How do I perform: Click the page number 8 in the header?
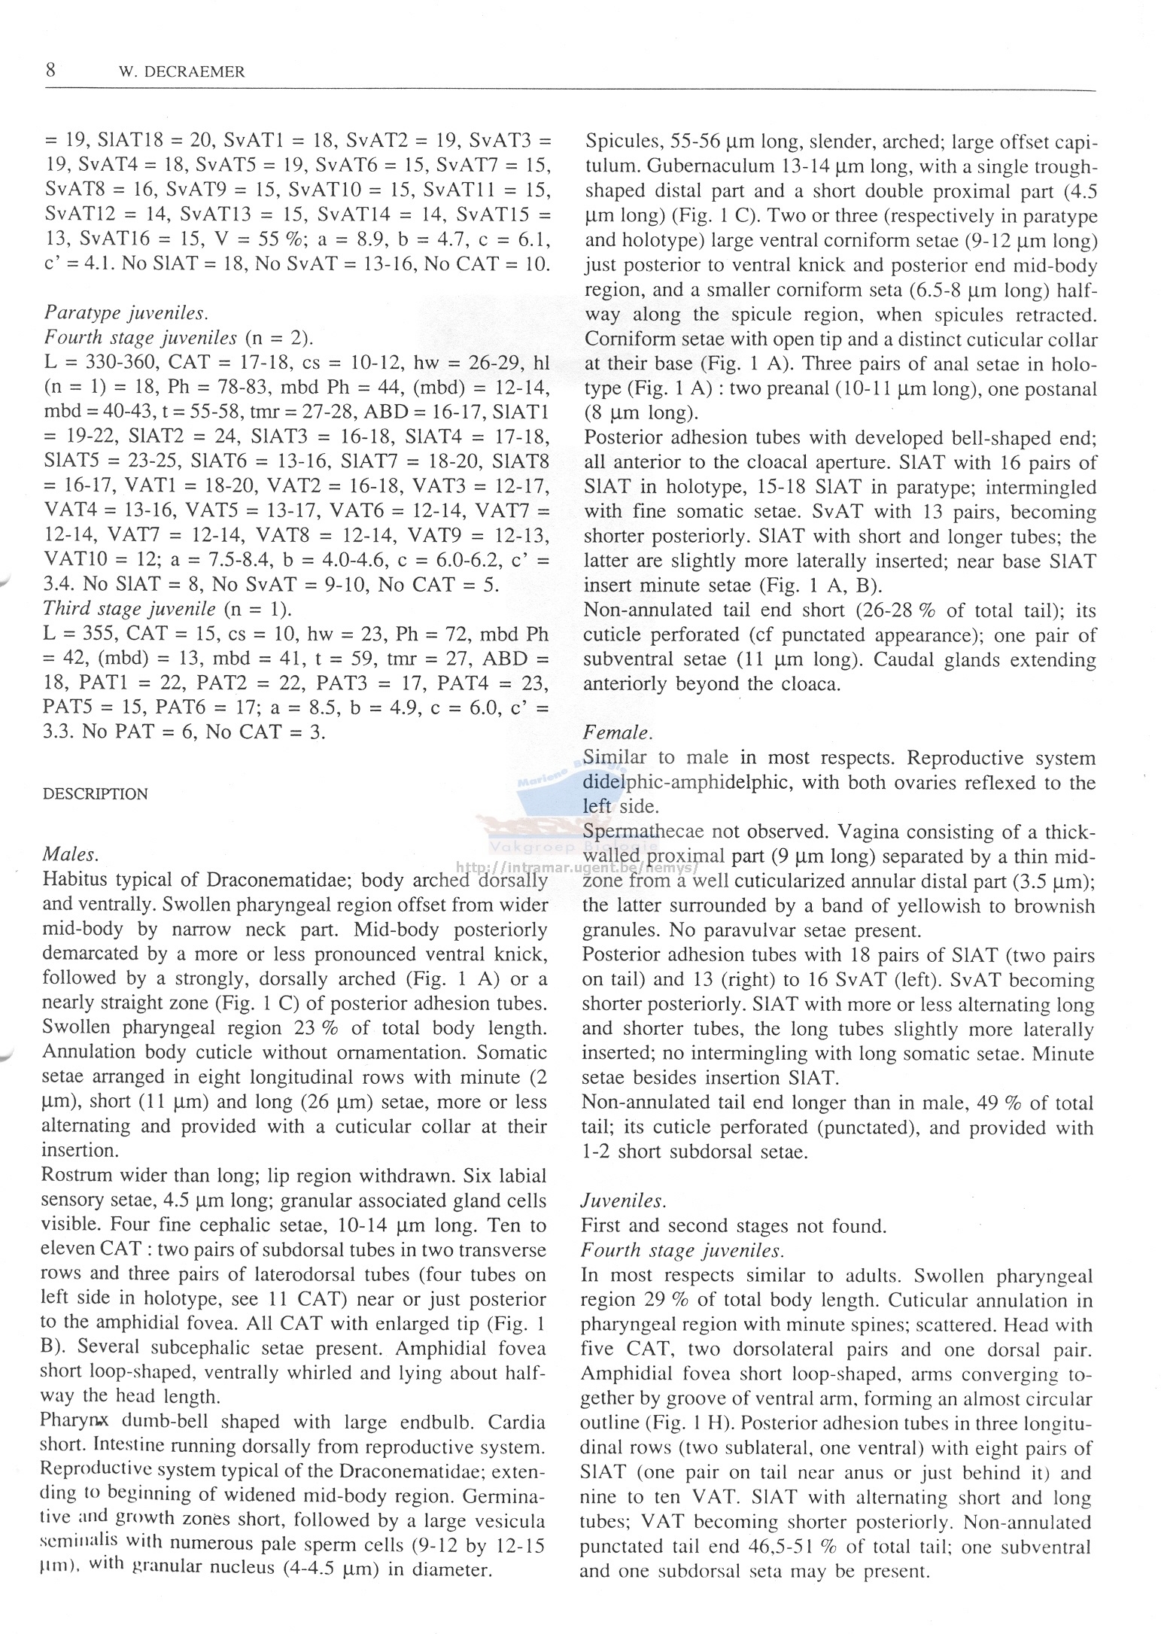click(x=50, y=72)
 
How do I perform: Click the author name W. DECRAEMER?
click(x=182, y=73)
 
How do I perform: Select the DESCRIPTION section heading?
click(x=96, y=794)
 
